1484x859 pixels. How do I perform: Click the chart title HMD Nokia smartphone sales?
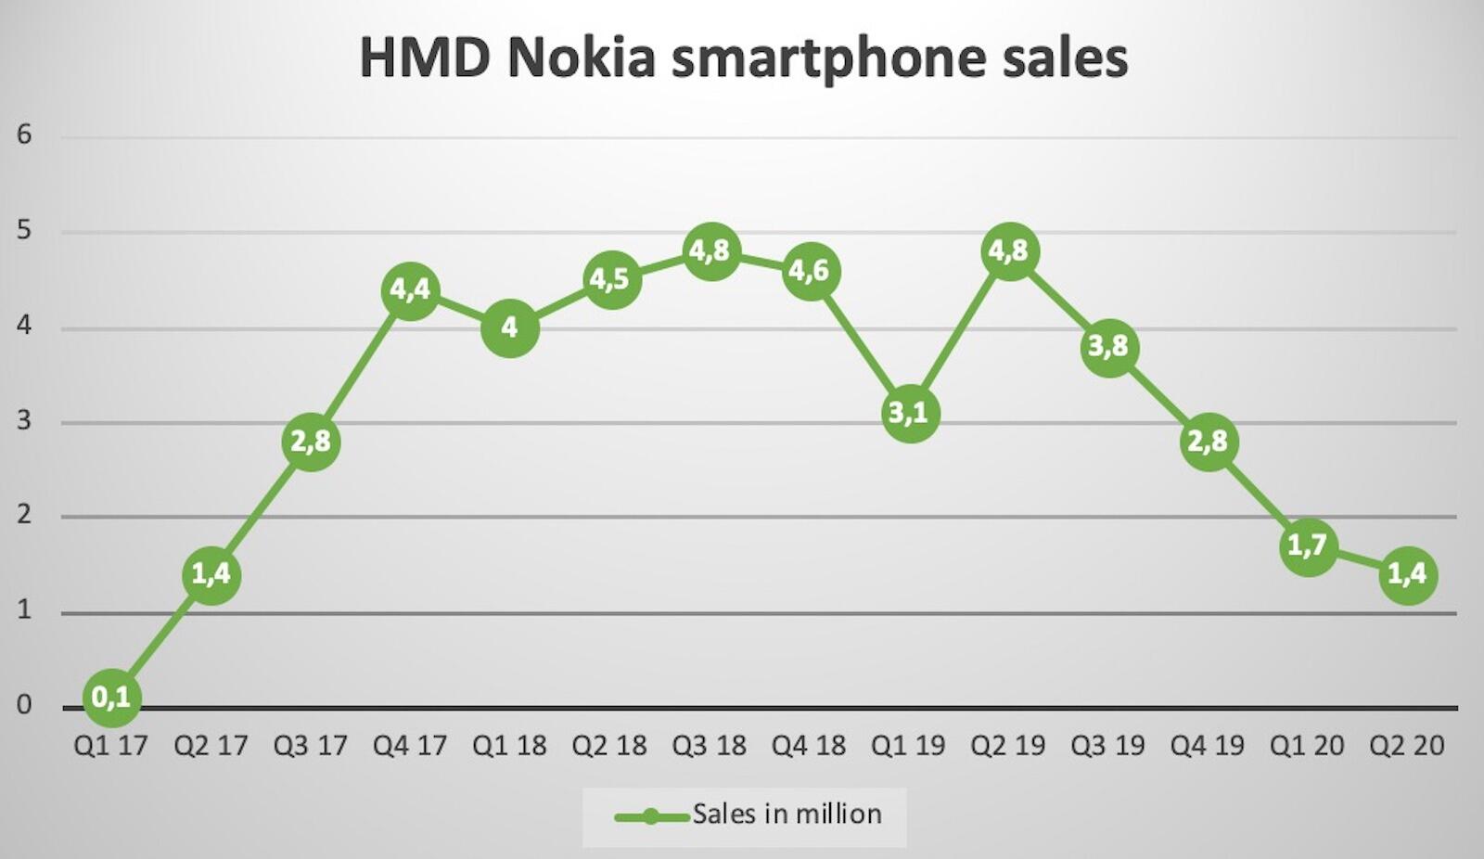(743, 58)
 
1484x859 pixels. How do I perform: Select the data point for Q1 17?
(111, 697)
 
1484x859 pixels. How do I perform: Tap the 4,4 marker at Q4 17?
(410, 290)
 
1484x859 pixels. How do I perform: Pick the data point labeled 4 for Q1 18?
(509, 327)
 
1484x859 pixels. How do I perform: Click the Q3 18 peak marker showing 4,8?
(710, 251)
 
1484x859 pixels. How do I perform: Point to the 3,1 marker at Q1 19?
(909, 413)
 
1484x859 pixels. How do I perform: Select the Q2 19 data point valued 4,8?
(1009, 251)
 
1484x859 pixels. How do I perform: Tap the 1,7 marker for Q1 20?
(1308, 545)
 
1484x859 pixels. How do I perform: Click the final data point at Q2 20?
(1408, 574)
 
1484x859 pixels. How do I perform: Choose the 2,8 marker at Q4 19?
(1209, 442)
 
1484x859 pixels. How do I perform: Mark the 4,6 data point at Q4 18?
(810, 271)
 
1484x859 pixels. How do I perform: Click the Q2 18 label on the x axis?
(609, 746)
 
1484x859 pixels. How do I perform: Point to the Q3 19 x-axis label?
(1108, 746)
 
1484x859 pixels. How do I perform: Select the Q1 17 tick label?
(111, 746)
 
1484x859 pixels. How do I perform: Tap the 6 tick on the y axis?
(24, 135)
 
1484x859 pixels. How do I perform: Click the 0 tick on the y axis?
(24, 706)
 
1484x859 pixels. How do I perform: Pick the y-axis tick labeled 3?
(24, 421)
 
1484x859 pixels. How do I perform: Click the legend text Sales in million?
(787, 814)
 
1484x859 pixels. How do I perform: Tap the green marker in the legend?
(651, 816)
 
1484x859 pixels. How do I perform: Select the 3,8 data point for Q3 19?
(1108, 347)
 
